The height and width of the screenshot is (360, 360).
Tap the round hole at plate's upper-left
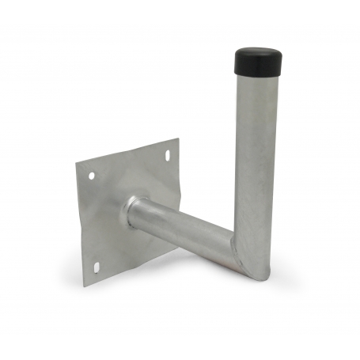92,176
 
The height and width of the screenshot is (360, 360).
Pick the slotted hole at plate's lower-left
97,268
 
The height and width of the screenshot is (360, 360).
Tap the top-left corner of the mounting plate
77,165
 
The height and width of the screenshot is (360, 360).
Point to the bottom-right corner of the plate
179,252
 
